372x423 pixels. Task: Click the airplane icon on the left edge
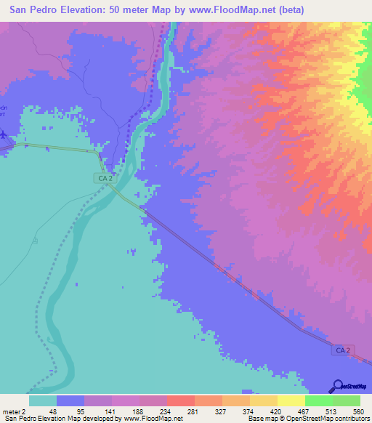tap(3, 134)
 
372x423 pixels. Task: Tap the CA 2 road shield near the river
tap(105, 177)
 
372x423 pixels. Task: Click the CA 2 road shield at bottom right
tap(345, 350)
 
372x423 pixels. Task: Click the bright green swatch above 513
tap(318, 400)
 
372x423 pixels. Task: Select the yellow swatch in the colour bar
tap(291, 400)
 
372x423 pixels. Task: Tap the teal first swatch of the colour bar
tap(42, 400)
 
